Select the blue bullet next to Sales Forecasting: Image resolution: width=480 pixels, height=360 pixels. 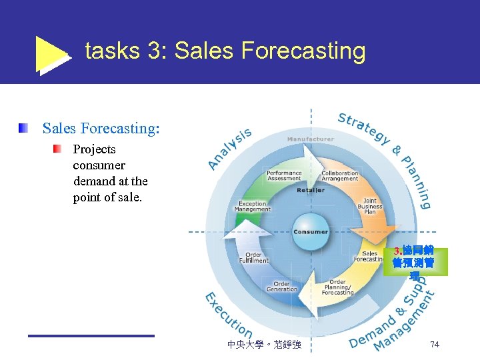24,127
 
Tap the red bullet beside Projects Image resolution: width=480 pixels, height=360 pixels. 58,148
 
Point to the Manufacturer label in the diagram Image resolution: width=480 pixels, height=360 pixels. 310,139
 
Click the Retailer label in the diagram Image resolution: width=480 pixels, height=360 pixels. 311,190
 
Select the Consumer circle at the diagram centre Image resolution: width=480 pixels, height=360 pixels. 311,231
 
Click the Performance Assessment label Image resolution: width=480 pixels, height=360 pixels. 284,175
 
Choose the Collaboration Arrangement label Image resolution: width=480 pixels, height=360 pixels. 340,175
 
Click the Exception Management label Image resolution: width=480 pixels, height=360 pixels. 253,206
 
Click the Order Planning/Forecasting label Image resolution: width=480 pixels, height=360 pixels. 337,288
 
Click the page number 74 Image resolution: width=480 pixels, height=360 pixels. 434,344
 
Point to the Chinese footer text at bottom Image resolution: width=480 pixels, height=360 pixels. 264,345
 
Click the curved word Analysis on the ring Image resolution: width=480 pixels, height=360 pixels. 230,148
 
